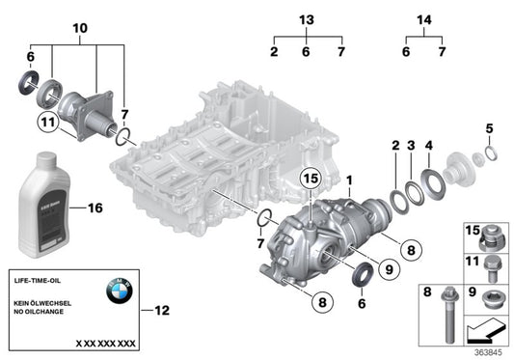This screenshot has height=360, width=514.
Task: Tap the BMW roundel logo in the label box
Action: pyautogui.click(x=119, y=290)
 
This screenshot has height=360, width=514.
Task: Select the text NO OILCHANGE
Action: pyautogui.click(x=41, y=312)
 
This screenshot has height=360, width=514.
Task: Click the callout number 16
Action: pyautogui.click(x=94, y=208)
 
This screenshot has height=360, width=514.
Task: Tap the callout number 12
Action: pyautogui.click(x=161, y=310)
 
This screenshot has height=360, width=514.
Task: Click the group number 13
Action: pyautogui.click(x=307, y=21)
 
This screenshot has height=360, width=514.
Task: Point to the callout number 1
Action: pyautogui.click(x=350, y=179)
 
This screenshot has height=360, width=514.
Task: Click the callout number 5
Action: pyautogui.click(x=489, y=128)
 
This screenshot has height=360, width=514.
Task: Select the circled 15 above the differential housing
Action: pyautogui.click(x=309, y=178)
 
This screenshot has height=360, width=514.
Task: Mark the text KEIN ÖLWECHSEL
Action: pyautogui.click(x=42, y=302)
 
